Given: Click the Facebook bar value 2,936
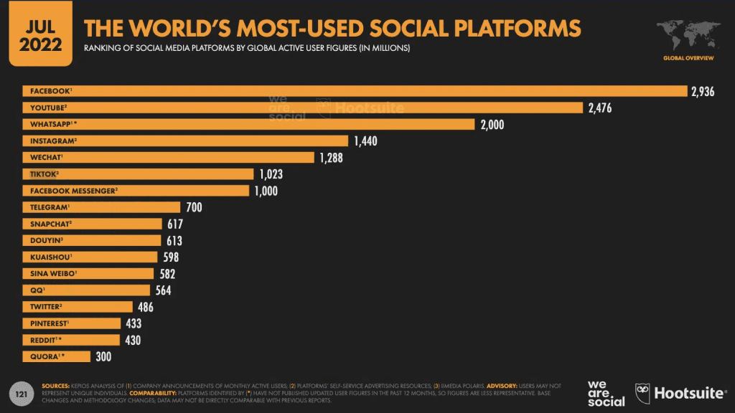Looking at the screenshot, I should pyautogui.click(x=703, y=92).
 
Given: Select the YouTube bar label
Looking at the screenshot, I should pyautogui.click(x=47, y=108).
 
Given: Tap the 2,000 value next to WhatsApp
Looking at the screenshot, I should pyautogui.click(x=492, y=125).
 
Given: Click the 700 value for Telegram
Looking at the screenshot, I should pyautogui.click(x=193, y=207).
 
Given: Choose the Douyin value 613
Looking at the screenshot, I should pyautogui.click(x=174, y=241).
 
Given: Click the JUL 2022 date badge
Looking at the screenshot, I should pyautogui.click(x=40, y=34).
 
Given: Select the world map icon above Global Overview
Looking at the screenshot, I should pyautogui.click(x=688, y=33).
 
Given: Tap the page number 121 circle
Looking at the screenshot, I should pyautogui.click(x=22, y=394).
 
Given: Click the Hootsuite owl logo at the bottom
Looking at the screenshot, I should pyautogui.click(x=644, y=393).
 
